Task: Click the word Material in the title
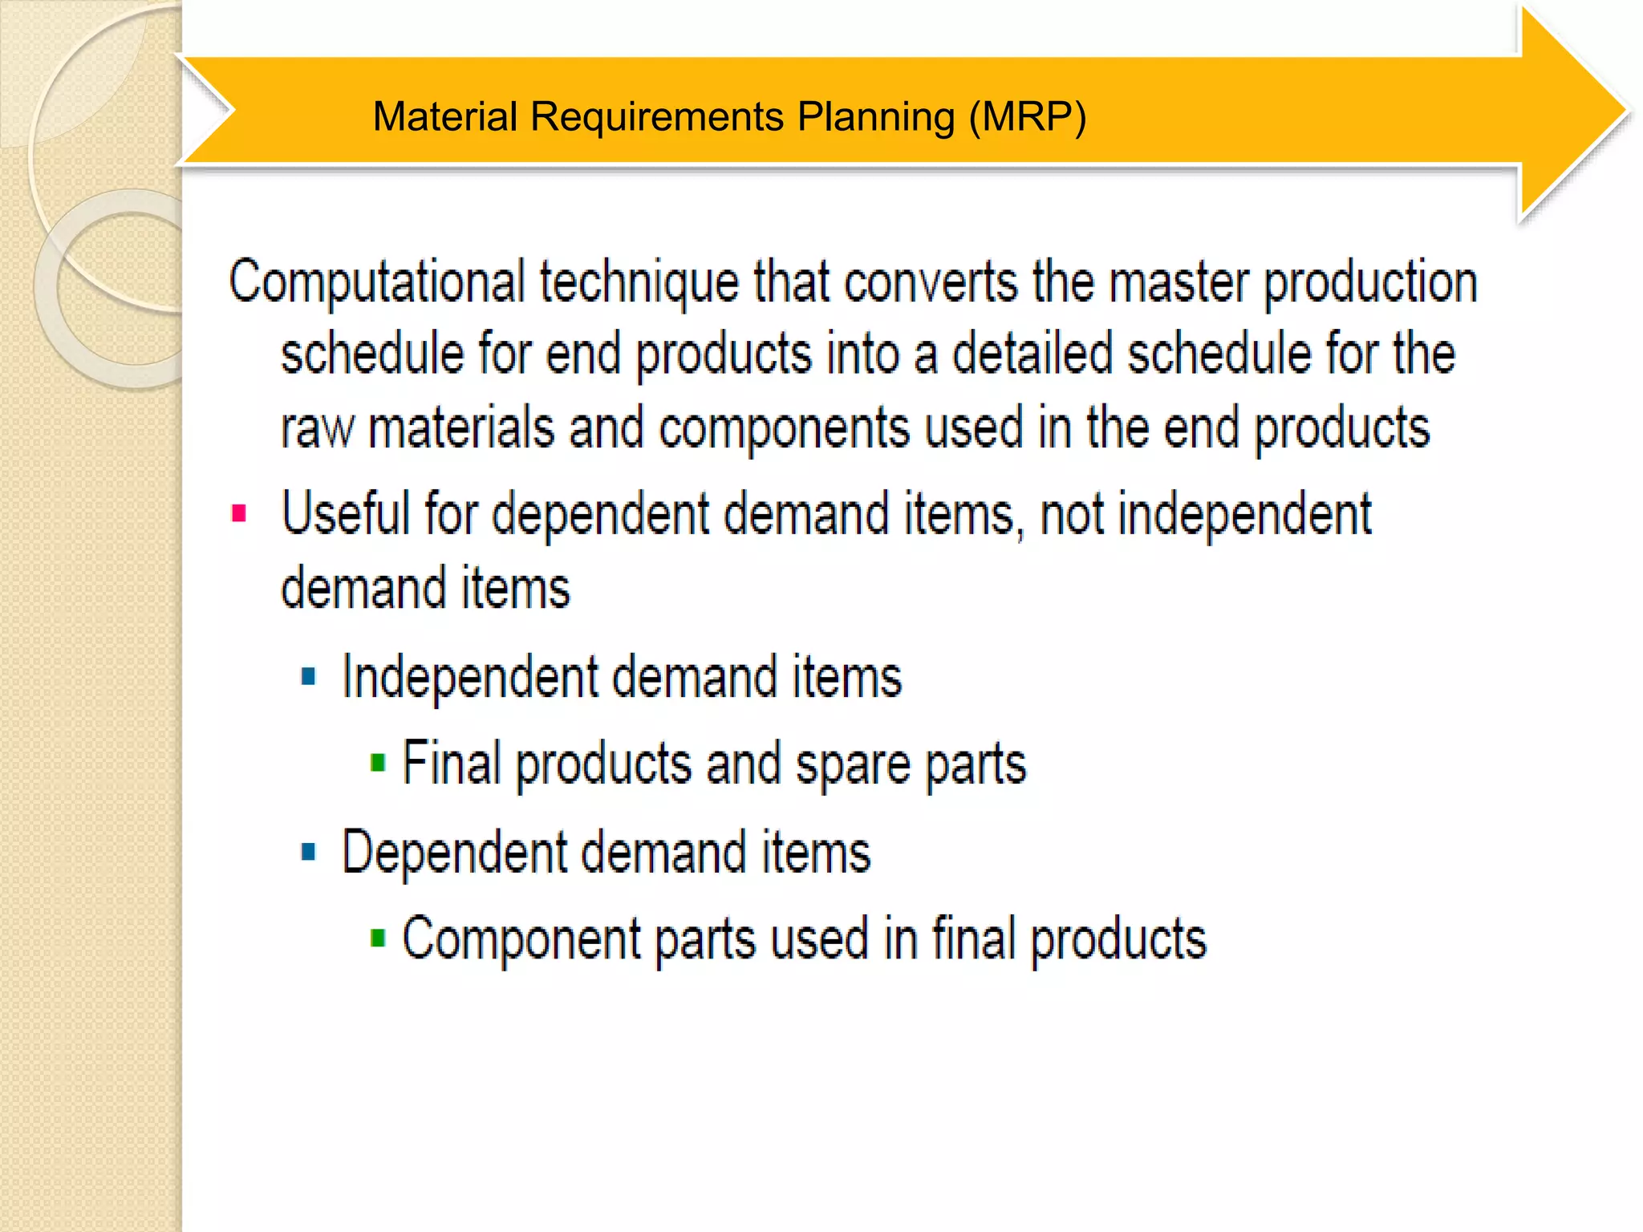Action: pos(444,117)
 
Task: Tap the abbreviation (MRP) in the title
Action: pos(1027,117)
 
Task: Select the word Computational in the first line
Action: pos(376,282)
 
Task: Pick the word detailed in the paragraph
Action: pos(1032,354)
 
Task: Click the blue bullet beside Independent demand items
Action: pos(309,677)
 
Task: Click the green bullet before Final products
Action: pos(378,763)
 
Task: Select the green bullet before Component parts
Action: pos(378,938)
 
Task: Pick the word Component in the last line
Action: pos(521,938)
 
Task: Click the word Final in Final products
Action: pos(451,763)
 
